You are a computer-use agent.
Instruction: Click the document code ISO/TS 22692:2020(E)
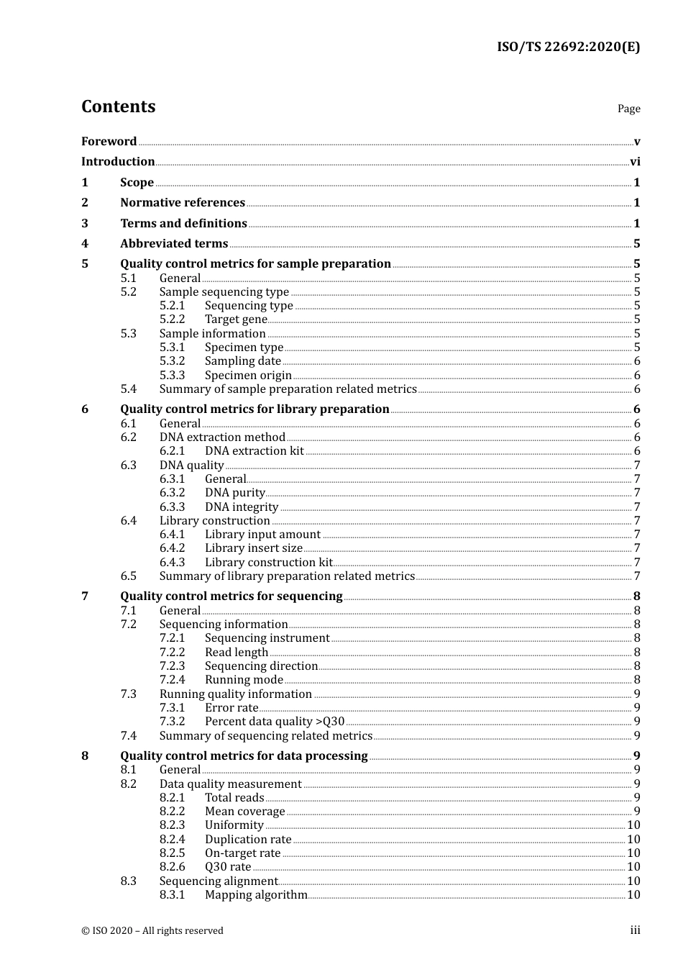click(x=568, y=47)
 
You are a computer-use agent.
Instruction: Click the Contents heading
click(x=118, y=106)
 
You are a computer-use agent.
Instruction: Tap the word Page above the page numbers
click(x=628, y=109)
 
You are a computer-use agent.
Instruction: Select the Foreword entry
click(x=109, y=142)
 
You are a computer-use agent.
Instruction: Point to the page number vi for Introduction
click(x=635, y=162)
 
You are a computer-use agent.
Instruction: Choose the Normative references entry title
click(x=183, y=203)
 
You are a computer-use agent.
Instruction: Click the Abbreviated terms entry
click(x=174, y=244)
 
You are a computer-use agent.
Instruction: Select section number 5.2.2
click(x=172, y=319)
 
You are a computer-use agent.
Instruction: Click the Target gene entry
click(x=236, y=319)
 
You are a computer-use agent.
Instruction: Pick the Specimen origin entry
click(x=248, y=376)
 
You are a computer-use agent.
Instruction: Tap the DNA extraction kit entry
click(x=255, y=451)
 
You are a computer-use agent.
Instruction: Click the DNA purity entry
click(x=235, y=493)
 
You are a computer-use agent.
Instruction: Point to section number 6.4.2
click(x=172, y=548)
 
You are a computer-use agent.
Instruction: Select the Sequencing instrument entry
click(x=267, y=638)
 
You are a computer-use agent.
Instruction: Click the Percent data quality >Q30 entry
click(x=275, y=722)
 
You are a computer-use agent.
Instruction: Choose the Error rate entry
click(x=232, y=708)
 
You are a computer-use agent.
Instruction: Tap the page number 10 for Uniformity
click(x=633, y=825)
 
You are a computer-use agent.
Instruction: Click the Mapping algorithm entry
click(x=256, y=895)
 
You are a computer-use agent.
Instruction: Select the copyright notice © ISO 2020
click(x=152, y=931)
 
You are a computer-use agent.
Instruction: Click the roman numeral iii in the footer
click(x=635, y=930)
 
